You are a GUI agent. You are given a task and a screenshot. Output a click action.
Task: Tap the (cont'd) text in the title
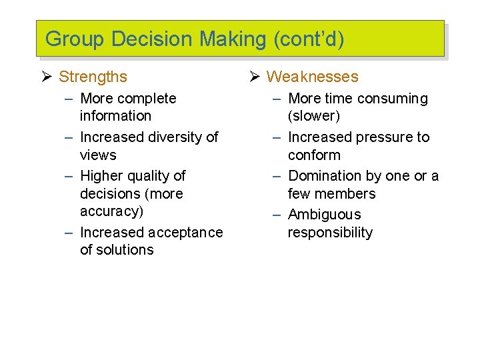click(309, 39)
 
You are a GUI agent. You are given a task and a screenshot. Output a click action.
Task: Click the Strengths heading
click(93, 77)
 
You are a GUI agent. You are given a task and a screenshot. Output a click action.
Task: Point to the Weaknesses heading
click(312, 77)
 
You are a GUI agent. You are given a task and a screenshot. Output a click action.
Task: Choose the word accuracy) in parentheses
click(111, 211)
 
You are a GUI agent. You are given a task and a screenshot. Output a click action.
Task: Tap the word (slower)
click(314, 116)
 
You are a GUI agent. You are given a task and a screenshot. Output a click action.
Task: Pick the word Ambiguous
click(324, 215)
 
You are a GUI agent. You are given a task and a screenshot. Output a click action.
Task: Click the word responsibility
click(330, 233)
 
